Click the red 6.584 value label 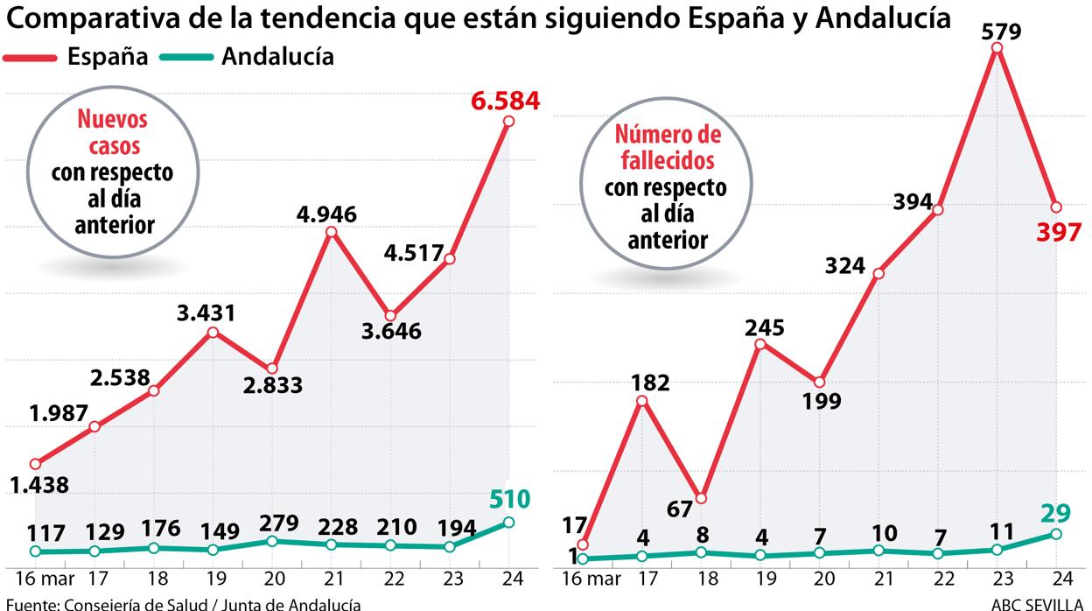point(505,100)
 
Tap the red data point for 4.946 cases point(331,232)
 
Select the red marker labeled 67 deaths point(700,498)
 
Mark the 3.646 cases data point point(390,316)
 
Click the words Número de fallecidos point(668,147)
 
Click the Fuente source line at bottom point(180,603)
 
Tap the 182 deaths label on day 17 point(649,383)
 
